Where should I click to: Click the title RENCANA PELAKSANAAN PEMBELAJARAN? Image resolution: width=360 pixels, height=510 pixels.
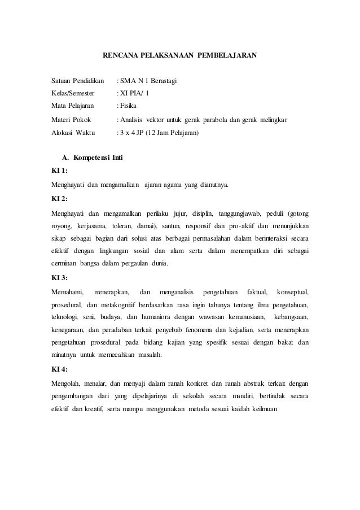[x=179, y=56]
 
